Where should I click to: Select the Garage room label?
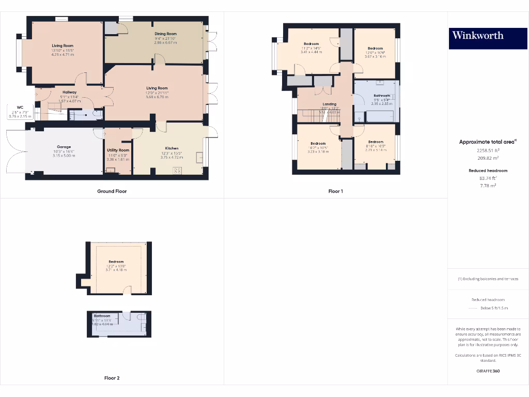[64, 147]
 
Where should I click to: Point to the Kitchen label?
[172, 148]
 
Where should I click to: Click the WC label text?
[20, 108]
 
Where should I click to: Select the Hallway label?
[69, 92]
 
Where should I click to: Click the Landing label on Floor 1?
[330, 104]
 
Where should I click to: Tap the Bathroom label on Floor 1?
[382, 95]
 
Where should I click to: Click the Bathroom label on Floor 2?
[102, 316]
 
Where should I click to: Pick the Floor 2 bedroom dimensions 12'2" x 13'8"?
[117, 266]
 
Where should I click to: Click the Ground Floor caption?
[112, 191]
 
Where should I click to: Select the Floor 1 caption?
[336, 191]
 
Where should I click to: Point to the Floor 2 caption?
[112, 378]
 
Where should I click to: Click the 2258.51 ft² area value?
[488, 150]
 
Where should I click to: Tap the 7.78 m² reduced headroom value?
[488, 185]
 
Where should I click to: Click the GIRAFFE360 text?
[488, 371]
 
